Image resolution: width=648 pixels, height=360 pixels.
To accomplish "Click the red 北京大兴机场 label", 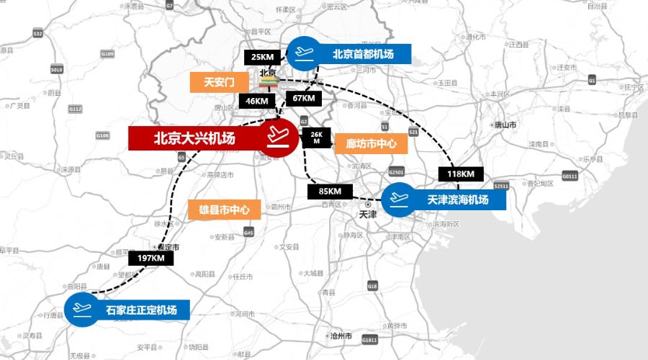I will coord(194,138).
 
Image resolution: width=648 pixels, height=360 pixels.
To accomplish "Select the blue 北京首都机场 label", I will coord(364,54).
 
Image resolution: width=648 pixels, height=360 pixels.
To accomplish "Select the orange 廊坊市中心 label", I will coord(371,143).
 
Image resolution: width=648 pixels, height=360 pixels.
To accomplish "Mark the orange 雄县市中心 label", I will coord(224,210).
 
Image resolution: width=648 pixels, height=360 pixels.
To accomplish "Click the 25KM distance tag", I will coord(263,58).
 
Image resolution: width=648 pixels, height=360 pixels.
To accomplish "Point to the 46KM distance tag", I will coord(257,101).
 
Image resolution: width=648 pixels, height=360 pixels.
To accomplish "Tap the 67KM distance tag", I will coord(303,98).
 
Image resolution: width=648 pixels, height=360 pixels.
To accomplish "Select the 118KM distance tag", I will coord(460,174).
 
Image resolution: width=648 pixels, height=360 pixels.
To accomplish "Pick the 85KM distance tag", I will coord(330,192).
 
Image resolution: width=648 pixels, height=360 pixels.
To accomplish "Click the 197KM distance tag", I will coord(150,258).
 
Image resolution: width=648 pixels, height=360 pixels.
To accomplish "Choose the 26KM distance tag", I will coord(316,138).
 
